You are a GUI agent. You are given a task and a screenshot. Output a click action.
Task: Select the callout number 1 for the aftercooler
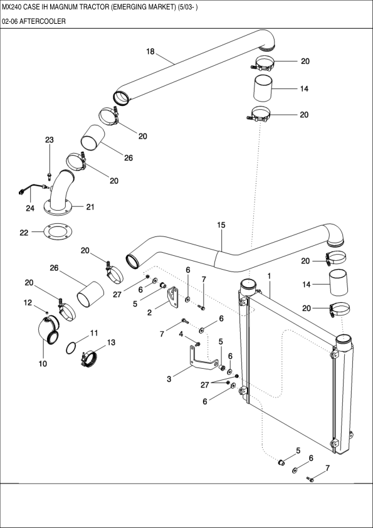[269, 276]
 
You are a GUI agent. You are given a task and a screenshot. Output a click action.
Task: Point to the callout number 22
[24, 233]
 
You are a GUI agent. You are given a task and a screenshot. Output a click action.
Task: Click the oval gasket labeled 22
[57, 232]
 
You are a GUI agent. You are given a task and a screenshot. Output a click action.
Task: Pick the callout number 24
[29, 208]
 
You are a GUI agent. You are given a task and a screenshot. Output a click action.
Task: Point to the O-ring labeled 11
[73, 347]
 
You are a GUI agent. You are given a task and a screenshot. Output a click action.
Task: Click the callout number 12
[28, 303]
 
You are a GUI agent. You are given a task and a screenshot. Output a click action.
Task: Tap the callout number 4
[182, 334]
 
